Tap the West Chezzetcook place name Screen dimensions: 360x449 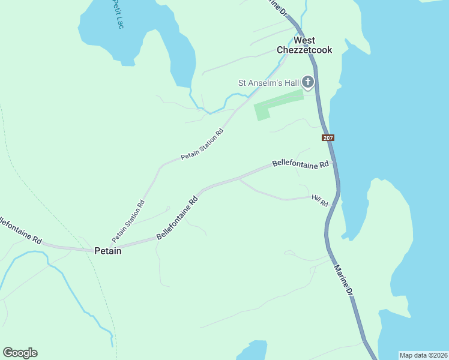(304, 45)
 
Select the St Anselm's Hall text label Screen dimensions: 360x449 (268, 83)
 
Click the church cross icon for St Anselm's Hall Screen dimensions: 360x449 (307, 82)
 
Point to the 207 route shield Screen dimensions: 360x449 (328, 138)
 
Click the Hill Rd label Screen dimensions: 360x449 (320, 200)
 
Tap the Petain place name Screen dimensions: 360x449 (108, 251)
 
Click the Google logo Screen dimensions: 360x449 (20, 353)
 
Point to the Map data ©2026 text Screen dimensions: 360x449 (423, 355)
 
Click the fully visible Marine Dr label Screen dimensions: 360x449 (344, 281)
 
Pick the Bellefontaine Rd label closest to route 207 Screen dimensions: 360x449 (301, 163)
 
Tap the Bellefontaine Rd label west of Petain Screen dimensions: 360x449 (20, 231)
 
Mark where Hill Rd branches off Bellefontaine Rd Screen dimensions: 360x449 (240, 178)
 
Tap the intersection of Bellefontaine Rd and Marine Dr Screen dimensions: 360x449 (333, 161)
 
